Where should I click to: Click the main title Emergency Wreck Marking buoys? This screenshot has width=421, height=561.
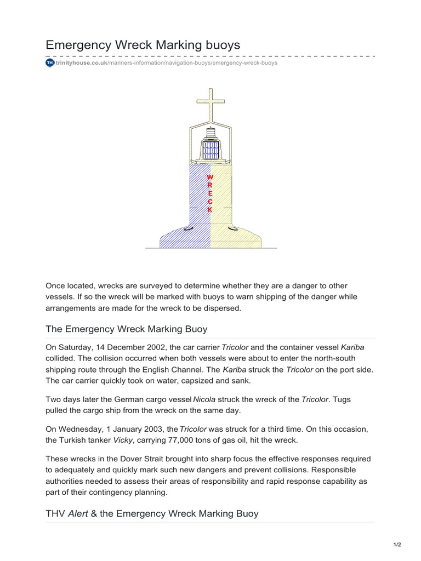[143, 45]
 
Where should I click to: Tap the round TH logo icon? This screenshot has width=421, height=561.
[50, 63]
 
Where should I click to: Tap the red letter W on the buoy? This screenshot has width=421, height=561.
[209, 178]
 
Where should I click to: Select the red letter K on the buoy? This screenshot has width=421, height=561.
[209, 210]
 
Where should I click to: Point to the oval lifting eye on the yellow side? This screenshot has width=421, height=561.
[232, 228]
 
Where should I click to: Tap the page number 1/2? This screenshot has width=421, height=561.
[397, 544]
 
